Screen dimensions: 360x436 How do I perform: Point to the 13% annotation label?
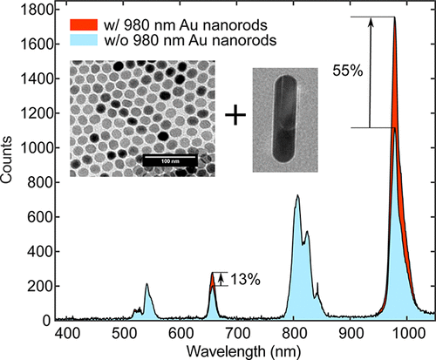tap(245, 279)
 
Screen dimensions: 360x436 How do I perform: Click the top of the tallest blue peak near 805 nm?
tap(297, 196)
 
